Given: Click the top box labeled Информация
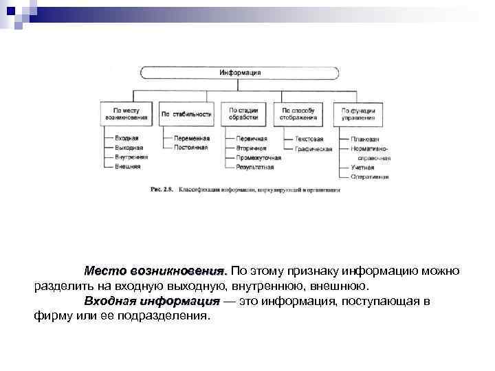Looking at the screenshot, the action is point(240,72).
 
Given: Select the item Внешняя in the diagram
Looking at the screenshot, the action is point(128,166).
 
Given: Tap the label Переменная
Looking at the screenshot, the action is point(192,138).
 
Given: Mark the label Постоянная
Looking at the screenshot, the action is point(191,148).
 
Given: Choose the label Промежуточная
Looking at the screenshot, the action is point(258,157).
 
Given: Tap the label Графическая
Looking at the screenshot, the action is point(313,148).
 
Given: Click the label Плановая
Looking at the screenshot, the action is point(365,138).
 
